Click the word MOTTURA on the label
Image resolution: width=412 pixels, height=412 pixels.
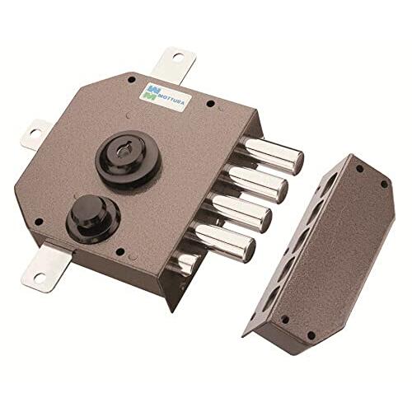pyautogui.click(x=171, y=99)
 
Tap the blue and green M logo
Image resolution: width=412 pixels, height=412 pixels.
pyautogui.click(x=150, y=91)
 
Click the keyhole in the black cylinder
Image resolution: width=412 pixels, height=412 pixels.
pyautogui.click(x=122, y=152)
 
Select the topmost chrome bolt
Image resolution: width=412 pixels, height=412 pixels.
pyautogui.click(x=270, y=155)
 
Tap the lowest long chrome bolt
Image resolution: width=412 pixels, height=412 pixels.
pyautogui.click(x=223, y=241)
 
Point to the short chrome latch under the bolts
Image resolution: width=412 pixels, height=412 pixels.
pyautogui.click(x=185, y=262)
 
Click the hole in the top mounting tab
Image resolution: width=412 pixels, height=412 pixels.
pyautogui.click(x=177, y=57)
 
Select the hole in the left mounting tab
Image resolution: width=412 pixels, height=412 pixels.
pyautogui.click(x=35, y=133)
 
